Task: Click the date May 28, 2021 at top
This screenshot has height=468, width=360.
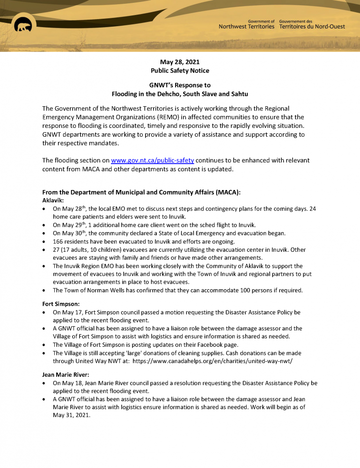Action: [180, 62]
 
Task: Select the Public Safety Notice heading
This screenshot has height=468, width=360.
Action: [180, 71]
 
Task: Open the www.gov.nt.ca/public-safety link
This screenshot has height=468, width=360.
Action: [152, 161]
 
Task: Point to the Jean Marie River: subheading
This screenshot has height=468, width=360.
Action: [66, 375]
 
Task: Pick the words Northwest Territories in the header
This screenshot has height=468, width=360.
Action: [246, 27]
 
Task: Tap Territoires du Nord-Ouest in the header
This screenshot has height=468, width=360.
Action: [312, 27]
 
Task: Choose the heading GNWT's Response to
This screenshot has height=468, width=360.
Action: [180, 85]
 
